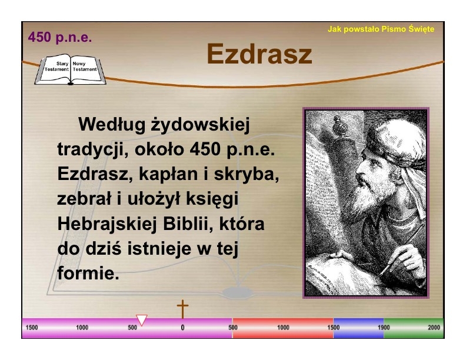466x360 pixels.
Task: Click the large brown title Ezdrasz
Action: (259, 54)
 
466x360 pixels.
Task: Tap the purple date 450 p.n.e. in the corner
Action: (60, 38)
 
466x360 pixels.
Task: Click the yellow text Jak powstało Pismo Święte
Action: (381, 29)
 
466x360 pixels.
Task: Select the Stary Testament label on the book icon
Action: (56, 66)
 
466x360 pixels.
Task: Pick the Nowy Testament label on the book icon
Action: (85, 66)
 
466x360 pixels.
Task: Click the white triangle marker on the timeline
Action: (142, 320)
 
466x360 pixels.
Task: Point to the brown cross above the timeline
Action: (182, 309)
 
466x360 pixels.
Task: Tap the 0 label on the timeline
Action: (182, 328)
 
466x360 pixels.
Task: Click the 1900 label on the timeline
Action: (384, 327)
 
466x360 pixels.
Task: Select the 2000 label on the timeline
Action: (434, 327)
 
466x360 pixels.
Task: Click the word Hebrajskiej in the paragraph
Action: (106, 224)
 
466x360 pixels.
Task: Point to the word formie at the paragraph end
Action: (88, 273)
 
